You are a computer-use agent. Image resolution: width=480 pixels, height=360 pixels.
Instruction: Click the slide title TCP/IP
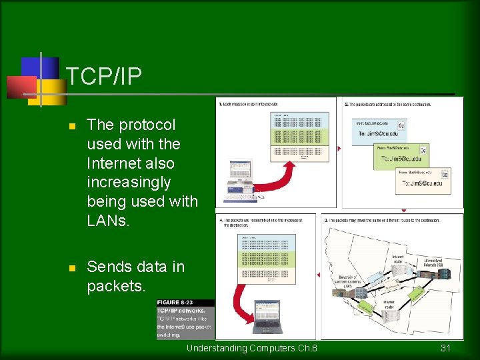[x=104, y=77]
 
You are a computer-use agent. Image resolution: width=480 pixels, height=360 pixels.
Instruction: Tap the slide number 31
[x=446, y=348]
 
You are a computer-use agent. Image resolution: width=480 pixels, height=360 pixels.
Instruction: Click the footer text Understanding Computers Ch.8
[x=251, y=348]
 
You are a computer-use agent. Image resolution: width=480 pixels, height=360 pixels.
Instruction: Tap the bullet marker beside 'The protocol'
[x=73, y=126]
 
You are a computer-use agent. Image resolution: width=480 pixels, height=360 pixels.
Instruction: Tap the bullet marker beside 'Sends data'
[x=73, y=268]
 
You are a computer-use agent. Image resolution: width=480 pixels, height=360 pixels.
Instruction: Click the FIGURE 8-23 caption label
[x=177, y=303]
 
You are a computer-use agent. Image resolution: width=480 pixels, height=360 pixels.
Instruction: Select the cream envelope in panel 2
[x=424, y=180]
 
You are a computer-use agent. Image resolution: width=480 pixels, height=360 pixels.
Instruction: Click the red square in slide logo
[x=21, y=87]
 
